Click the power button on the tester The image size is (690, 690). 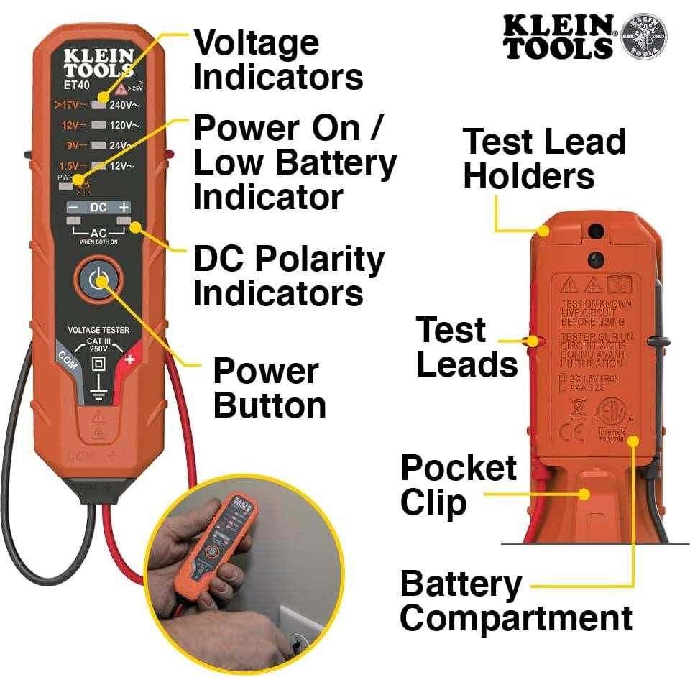(x=97, y=280)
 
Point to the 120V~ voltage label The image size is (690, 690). (x=124, y=125)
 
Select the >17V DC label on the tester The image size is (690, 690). (x=70, y=104)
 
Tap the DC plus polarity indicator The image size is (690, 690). (x=124, y=208)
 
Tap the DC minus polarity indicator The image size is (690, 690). (x=73, y=208)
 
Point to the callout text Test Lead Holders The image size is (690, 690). (x=543, y=159)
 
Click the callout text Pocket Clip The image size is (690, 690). (x=458, y=485)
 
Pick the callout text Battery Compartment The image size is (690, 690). (x=515, y=601)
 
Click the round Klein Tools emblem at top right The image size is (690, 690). (x=643, y=36)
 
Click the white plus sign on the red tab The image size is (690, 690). (x=129, y=359)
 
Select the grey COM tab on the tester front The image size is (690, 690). (x=67, y=356)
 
